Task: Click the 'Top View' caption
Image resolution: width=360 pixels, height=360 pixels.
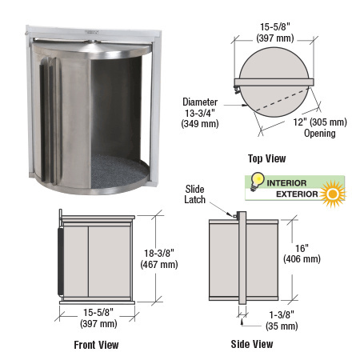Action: click(267, 158)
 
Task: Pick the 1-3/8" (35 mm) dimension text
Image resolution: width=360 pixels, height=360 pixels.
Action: click(281, 321)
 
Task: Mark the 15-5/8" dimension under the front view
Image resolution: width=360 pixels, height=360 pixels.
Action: click(96, 318)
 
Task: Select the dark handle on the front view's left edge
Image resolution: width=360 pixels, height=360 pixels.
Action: click(60, 260)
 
